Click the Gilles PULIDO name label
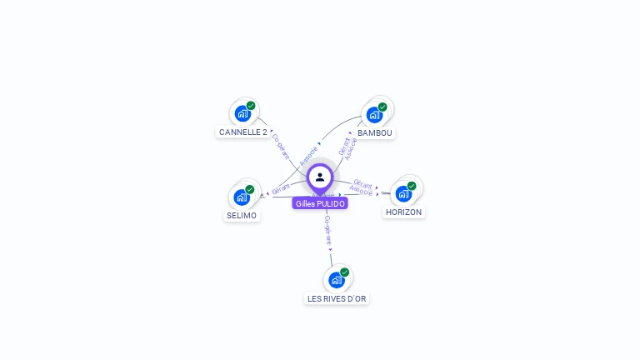[320, 203]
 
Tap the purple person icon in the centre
[320, 177]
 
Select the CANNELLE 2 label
[242, 132]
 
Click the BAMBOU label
[374, 133]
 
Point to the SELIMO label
[242, 216]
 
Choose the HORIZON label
[403, 212]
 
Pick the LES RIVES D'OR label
[337, 299]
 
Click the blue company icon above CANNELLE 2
[242, 113]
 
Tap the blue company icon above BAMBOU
[374, 114]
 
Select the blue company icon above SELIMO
[242, 197]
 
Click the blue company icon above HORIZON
[403, 194]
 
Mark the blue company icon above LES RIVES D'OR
[337, 280]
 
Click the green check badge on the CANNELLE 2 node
[251, 106]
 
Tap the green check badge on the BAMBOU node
[382, 107]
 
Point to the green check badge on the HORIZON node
[412, 186]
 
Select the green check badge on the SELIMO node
[250, 189]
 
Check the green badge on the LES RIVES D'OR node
[345, 272]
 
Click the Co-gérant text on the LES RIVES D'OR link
[327, 229]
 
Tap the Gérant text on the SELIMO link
[281, 189]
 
